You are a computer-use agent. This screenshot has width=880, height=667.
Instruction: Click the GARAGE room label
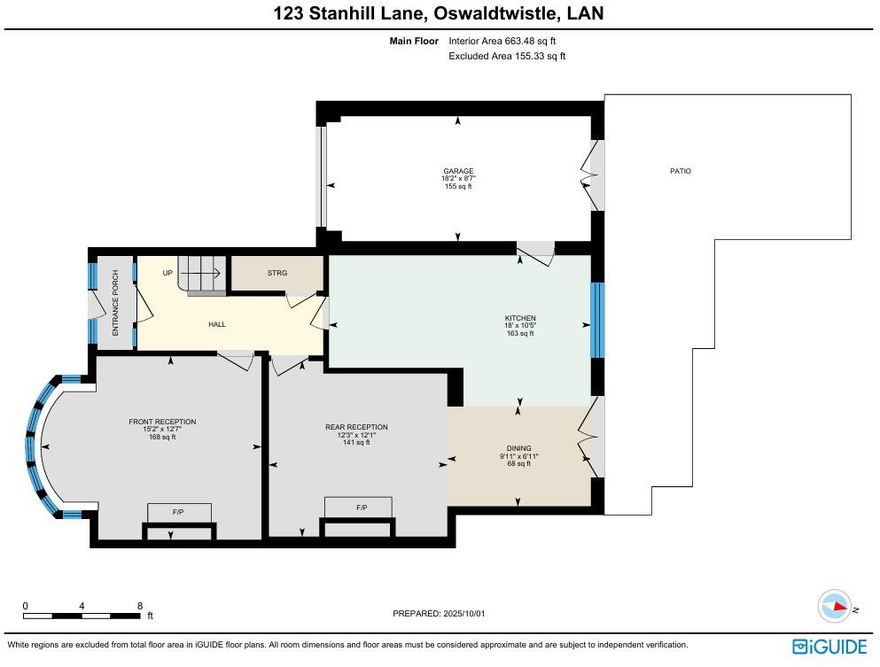pyautogui.click(x=458, y=171)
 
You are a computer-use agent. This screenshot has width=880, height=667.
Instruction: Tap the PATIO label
pyautogui.click(x=680, y=171)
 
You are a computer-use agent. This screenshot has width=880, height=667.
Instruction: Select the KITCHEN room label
pyautogui.click(x=520, y=318)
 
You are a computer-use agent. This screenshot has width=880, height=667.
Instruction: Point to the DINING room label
pyautogui.click(x=519, y=448)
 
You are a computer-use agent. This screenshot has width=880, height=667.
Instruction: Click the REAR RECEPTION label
pyautogui.click(x=356, y=427)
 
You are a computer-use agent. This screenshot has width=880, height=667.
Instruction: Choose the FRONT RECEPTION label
pyautogui.click(x=162, y=422)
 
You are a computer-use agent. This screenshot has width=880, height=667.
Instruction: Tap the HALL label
pyautogui.click(x=217, y=324)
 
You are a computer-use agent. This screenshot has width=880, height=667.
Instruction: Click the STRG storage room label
pyautogui.click(x=277, y=274)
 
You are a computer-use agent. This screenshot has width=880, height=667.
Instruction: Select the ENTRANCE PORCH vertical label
pyautogui.click(x=115, y=303)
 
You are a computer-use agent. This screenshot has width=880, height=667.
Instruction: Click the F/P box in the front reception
pyautogui.click(x=179, y=513)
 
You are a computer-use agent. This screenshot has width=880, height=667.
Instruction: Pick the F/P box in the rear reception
pyautogui.click(x=362, y=508)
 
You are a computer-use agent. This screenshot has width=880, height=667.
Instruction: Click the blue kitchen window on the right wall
pyautogui.click(x=597, y=320)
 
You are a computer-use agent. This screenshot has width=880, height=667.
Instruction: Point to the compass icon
pyautogui.click(x=835, y=608)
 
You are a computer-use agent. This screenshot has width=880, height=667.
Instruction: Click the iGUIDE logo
pyautogui.click(x=829, y=647)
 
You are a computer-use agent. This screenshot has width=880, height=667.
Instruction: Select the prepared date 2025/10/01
pyautogui.click(x=440, y=613)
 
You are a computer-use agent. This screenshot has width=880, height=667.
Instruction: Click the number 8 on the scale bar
pyautogui.click(x=140, y=606)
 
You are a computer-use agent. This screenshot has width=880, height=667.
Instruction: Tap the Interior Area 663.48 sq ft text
pyautogui.click(x=502, y=41)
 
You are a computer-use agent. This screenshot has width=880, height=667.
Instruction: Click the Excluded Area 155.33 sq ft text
pyautogui.click(x=507, y=57)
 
